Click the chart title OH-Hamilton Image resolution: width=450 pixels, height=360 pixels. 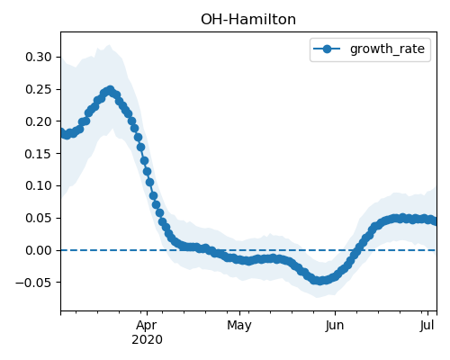point(248,20)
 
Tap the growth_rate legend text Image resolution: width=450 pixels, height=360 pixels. point(387,49)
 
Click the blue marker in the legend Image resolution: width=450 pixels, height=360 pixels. point(327,49)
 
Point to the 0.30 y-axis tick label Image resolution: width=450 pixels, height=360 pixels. point(39,57)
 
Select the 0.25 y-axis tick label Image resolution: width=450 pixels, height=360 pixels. point(39,89)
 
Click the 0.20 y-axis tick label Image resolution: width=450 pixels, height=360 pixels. point(39,121)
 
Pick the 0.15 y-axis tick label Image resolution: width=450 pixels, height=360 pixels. point(39,154)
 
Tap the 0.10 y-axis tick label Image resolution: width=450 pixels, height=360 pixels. point(39,185)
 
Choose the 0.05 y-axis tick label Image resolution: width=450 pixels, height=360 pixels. point(39,218)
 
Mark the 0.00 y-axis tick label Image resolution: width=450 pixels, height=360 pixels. point(39,250)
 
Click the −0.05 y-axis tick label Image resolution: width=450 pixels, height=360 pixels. point(33,283)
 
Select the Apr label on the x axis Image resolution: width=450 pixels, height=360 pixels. point(147,326)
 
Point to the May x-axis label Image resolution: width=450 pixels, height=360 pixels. point(239,326)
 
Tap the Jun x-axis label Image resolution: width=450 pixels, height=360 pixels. point(335,326)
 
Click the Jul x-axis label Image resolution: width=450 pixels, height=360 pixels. point(427,326)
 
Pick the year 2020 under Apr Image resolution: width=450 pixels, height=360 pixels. point(147,340)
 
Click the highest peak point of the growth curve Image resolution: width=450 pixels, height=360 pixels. point(111,90)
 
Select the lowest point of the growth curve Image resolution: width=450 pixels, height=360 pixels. point(319,281)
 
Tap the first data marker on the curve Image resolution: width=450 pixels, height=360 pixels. point(63,132)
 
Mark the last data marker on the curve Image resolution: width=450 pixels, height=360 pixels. point(434,221)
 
